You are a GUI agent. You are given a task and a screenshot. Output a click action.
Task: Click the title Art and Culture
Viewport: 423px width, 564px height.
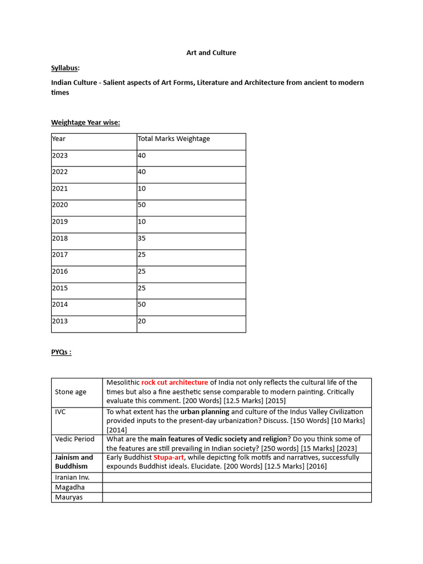(211, 53)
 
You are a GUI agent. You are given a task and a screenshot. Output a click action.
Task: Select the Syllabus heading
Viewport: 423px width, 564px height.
(65, 68)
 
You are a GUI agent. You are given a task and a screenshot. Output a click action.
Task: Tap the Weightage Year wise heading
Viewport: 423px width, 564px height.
(85, 122)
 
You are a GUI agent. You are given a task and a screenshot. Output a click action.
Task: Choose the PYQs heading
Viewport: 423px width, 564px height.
(61, 352)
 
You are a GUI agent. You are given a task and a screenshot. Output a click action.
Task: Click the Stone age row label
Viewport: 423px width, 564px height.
(70, 392)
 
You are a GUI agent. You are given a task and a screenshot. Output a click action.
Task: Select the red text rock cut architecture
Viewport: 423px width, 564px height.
(175, 382)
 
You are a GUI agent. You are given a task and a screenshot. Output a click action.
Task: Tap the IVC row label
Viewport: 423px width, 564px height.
(61, 411)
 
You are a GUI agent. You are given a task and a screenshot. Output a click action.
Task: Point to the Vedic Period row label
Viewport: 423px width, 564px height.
(74, 439)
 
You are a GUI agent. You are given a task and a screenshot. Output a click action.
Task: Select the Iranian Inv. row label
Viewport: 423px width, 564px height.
(72, 477)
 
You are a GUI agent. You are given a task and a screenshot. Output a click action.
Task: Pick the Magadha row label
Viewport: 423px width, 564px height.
(70, 487)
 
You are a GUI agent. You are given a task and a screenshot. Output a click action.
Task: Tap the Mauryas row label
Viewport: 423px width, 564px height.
(69, 497)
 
